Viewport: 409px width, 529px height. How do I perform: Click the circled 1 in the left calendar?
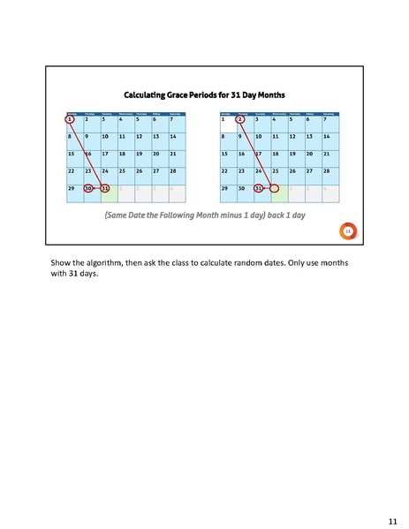70,119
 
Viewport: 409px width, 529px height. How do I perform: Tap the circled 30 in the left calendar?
87,188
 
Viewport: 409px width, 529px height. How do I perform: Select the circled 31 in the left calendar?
104,188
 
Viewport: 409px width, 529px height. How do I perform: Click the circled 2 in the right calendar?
241,119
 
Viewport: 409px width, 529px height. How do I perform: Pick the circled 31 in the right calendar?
258,188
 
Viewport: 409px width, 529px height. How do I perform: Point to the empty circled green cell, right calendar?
275,188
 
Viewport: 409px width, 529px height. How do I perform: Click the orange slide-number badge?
348,231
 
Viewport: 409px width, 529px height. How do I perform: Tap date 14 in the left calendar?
173,137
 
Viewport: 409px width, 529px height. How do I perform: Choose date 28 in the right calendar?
328,170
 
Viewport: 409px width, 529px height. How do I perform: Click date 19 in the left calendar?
139,154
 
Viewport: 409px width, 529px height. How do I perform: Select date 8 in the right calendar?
224,137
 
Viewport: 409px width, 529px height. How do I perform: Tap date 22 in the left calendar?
71,170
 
